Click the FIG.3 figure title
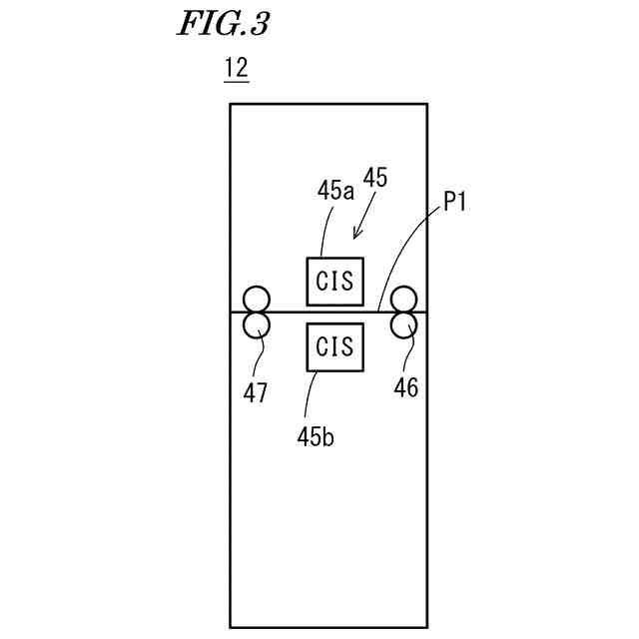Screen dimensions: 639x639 tap(223, 25)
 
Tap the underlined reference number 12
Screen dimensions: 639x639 tap(236, 69)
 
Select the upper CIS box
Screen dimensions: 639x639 tap(334, 281)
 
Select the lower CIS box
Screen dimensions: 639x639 tap(334, 346)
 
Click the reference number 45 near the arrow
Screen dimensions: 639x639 tap(375, 179)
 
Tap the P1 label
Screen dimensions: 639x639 tap(455, 204)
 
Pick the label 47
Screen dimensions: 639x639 tap(256, 393)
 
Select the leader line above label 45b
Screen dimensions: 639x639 tap(315, 394)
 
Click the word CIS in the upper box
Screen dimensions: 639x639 tap(334, 281)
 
